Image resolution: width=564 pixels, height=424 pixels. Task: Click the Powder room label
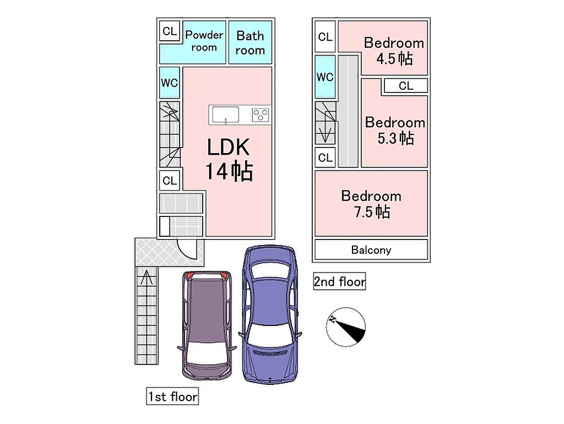pos(204,41)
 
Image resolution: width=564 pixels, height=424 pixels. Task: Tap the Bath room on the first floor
pos(250,42)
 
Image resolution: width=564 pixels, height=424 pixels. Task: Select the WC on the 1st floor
pos(170,83)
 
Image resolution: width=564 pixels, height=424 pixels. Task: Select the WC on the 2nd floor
pos(325,77)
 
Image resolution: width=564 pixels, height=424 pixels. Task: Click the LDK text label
pos(229,148)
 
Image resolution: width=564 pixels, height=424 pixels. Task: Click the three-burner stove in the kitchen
pos(261,115)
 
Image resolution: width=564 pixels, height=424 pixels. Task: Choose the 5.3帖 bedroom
pos(395,129)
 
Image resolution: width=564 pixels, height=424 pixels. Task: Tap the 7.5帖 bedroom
pos(371,203)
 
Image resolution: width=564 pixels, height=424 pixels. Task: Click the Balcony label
pos(371,250)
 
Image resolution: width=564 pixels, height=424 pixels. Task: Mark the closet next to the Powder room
pos(170,31)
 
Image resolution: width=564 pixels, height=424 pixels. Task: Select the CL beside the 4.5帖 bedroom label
pos(325,37)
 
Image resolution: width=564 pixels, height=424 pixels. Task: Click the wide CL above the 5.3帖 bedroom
pos(406,85)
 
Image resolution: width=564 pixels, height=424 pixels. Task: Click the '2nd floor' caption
pos(339,282)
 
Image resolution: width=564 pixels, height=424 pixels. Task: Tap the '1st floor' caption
pos(172,396)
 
